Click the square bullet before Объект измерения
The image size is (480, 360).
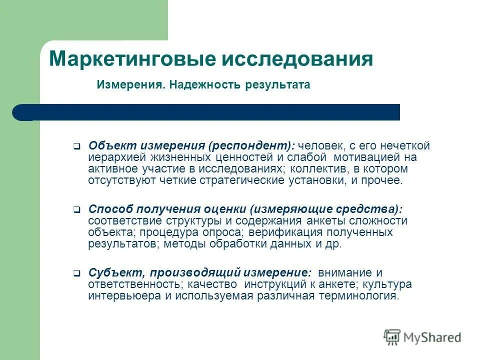tap(76, 147)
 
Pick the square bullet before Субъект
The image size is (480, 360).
tap(76, 273)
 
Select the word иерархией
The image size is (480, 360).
tap(112, 157)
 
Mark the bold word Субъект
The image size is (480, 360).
tap(111, 272)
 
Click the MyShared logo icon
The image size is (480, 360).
tap(392, 337)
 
